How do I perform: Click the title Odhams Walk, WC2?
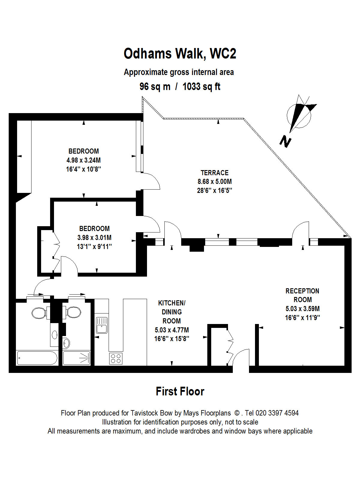[x=180, y=54]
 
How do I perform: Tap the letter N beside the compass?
[x=286, y=141]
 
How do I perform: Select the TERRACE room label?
[x=214, y=173]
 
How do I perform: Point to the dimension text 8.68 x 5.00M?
[x=214, y=181]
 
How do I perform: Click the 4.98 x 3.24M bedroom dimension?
[x=83, y=160]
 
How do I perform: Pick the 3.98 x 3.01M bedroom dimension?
[x=94, y=238]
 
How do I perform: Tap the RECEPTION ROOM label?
[x=302, y=295]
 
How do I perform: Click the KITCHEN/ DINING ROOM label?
[x=172, y=312]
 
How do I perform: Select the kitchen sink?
[x=102, y=325]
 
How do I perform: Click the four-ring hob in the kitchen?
[x=116, y=358]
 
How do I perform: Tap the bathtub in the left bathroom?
[x=37, y=358]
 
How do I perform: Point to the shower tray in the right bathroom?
[x=76, y=358]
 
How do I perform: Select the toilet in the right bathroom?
[x=72, y=312]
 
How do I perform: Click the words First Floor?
[x=180, y=391]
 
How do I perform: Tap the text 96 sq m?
[x=155, y=87]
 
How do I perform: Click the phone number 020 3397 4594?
[x=277, y=413]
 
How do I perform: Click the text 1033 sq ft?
[x=201, y=87]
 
